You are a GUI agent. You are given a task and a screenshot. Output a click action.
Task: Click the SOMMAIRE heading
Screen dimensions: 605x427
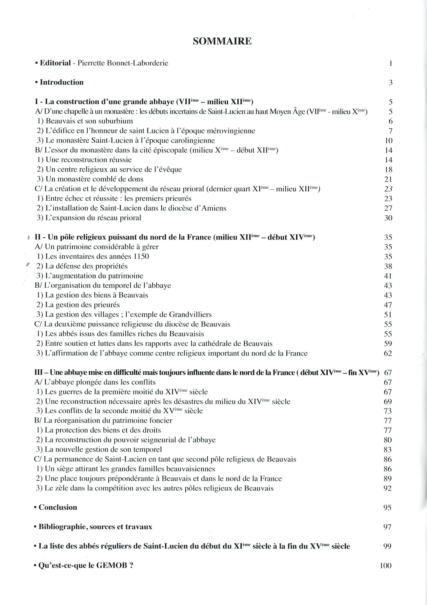tap(222, 41)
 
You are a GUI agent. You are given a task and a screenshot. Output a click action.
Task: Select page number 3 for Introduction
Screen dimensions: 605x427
tap(390, 82)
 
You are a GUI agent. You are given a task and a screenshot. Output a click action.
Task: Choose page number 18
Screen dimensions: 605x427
tap(388, 169)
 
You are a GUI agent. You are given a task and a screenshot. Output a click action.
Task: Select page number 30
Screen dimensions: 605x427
tap(388, 218)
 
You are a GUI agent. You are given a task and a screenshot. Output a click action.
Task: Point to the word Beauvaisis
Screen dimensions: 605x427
tap(186, 334)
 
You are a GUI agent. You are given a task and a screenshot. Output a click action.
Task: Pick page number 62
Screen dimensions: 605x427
tap(388, 353)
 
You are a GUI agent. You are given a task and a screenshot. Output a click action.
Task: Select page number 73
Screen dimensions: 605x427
tap(388, 411)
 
